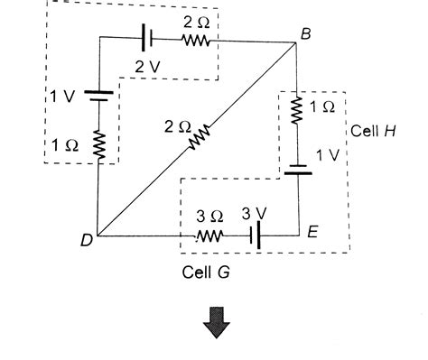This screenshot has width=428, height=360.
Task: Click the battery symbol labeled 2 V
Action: [146, 41]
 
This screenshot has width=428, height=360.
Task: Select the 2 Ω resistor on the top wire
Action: [195, 41]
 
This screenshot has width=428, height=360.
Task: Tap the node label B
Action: [305, 32]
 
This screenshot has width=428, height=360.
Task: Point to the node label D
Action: [86, 240]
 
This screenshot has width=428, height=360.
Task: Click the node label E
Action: [312, 233]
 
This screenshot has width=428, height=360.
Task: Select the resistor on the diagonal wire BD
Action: [199, 137]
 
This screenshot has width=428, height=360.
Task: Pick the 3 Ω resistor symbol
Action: [209, 236]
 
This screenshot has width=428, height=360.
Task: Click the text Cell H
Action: [374, 130]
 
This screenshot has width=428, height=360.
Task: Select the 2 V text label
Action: [148, 67]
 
